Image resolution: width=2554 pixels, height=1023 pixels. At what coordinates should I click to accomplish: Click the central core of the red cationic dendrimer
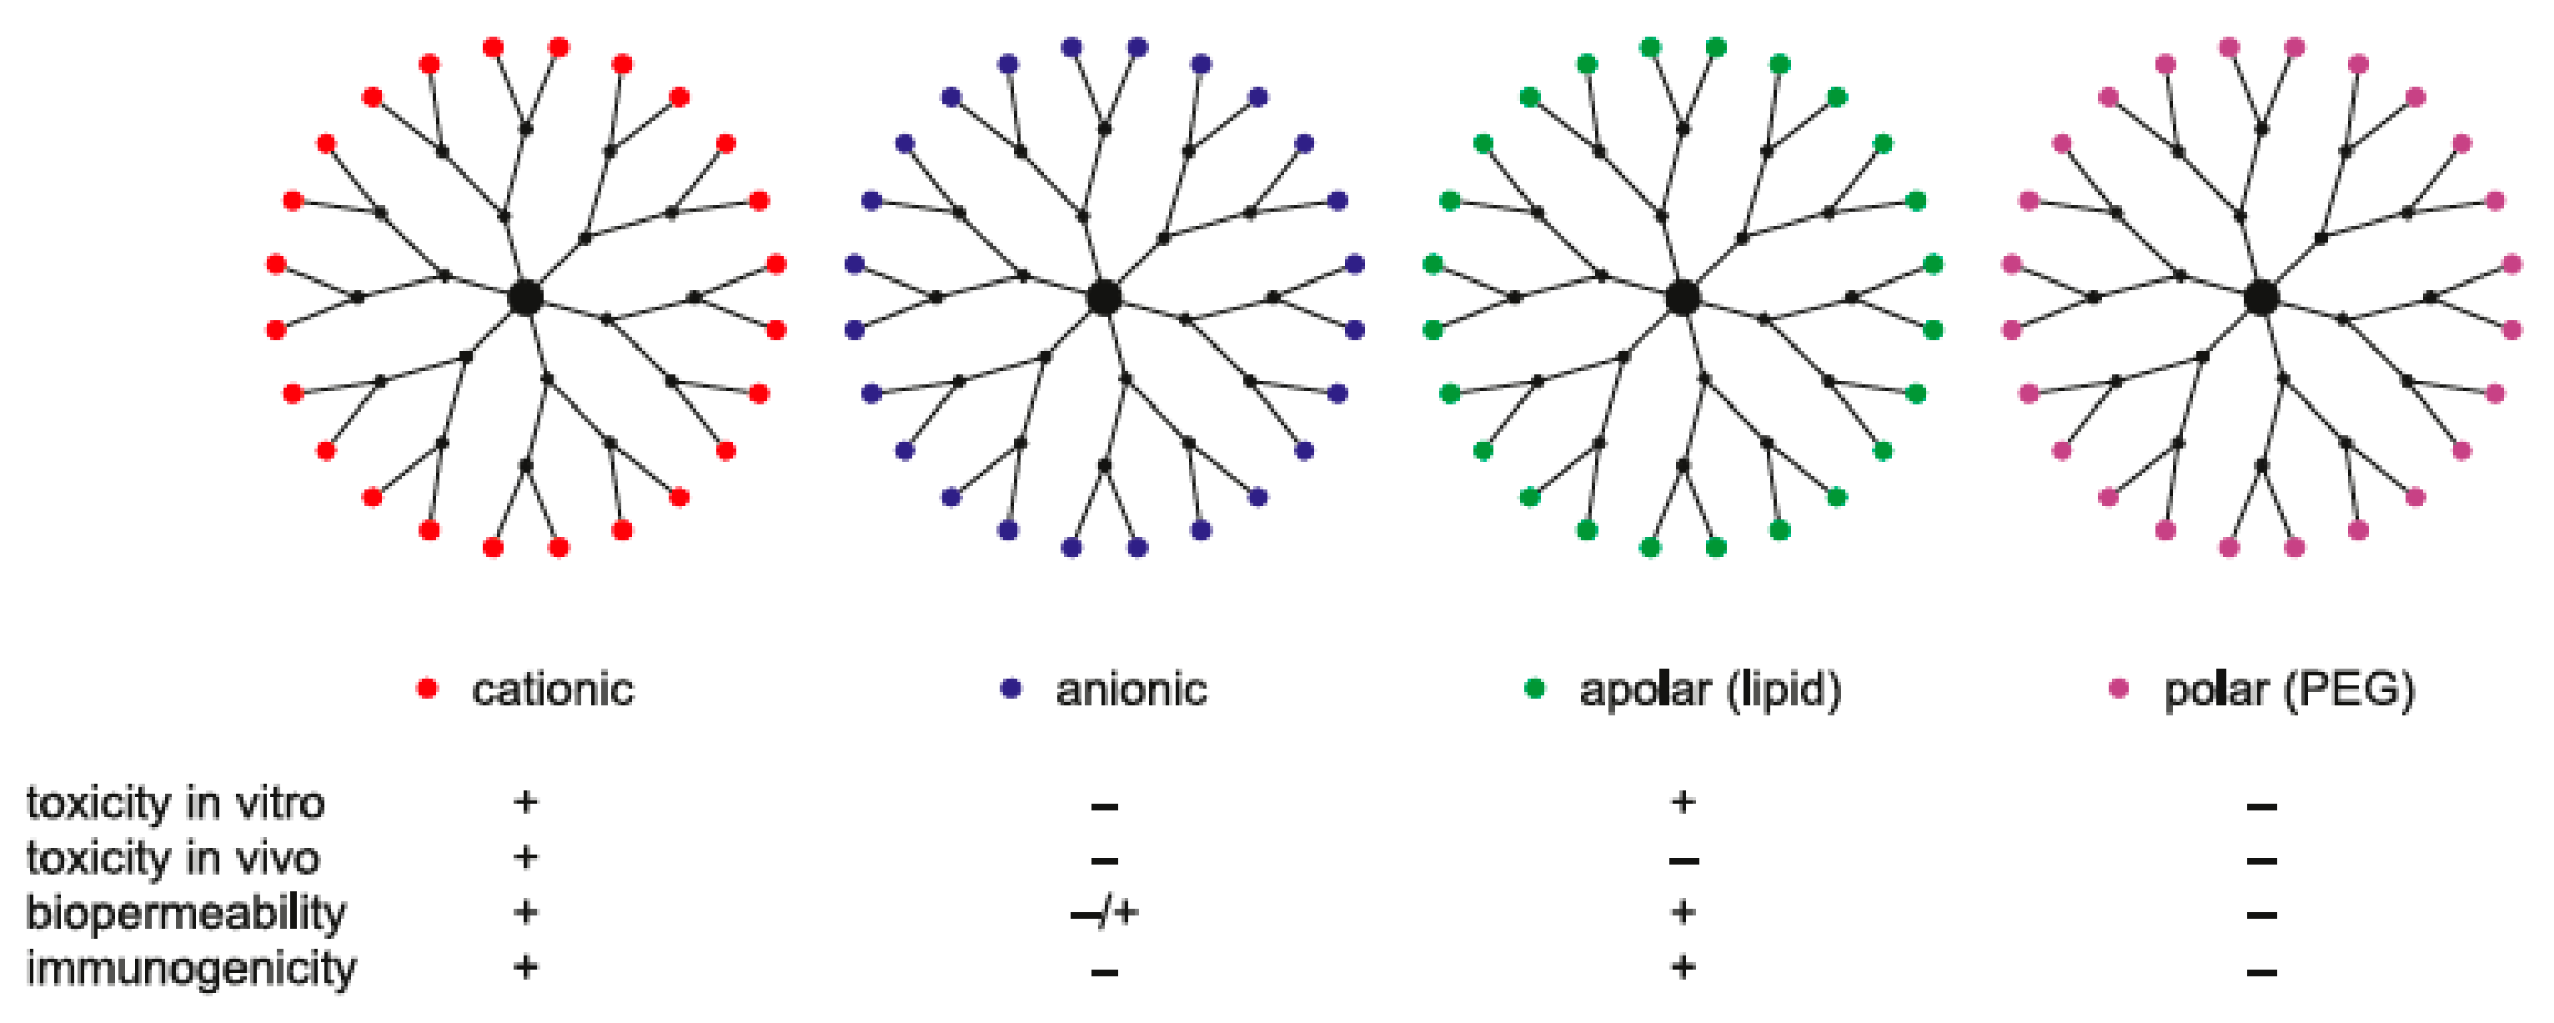[525, 296]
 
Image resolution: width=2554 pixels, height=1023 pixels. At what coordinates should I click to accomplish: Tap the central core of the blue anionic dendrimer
[1103, 296]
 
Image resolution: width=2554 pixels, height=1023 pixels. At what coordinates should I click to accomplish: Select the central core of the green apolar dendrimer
[1683, 296]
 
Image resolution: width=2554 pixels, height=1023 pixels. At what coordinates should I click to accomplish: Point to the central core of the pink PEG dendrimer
[2261, 296]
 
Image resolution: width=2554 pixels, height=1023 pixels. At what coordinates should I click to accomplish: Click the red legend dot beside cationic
[427, 689]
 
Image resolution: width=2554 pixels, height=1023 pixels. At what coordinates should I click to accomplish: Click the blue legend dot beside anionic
[1011, 689]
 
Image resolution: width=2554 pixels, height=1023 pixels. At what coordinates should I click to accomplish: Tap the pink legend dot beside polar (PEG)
[2119, 689]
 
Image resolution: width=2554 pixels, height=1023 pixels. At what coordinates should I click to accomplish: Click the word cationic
[552, 690]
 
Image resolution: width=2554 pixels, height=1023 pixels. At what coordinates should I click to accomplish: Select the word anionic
[1131, 690]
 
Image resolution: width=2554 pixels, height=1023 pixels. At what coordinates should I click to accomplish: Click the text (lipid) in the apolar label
[1784, 690]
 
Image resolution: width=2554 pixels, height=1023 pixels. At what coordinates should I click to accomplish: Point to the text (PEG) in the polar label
[2350, 690]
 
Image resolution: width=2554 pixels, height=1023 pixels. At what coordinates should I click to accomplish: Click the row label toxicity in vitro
[175, 803]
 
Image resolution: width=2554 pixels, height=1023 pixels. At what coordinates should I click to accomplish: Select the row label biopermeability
[185, 913]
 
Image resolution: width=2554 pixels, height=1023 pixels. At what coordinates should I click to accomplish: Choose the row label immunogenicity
[190, 969]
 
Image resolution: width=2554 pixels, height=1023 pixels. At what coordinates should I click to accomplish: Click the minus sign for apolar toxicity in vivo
[1683, 860]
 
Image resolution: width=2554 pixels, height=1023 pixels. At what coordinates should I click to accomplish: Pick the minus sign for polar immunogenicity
[2261, 971]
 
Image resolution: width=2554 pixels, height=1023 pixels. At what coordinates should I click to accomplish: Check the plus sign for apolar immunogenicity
[1683, 966]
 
